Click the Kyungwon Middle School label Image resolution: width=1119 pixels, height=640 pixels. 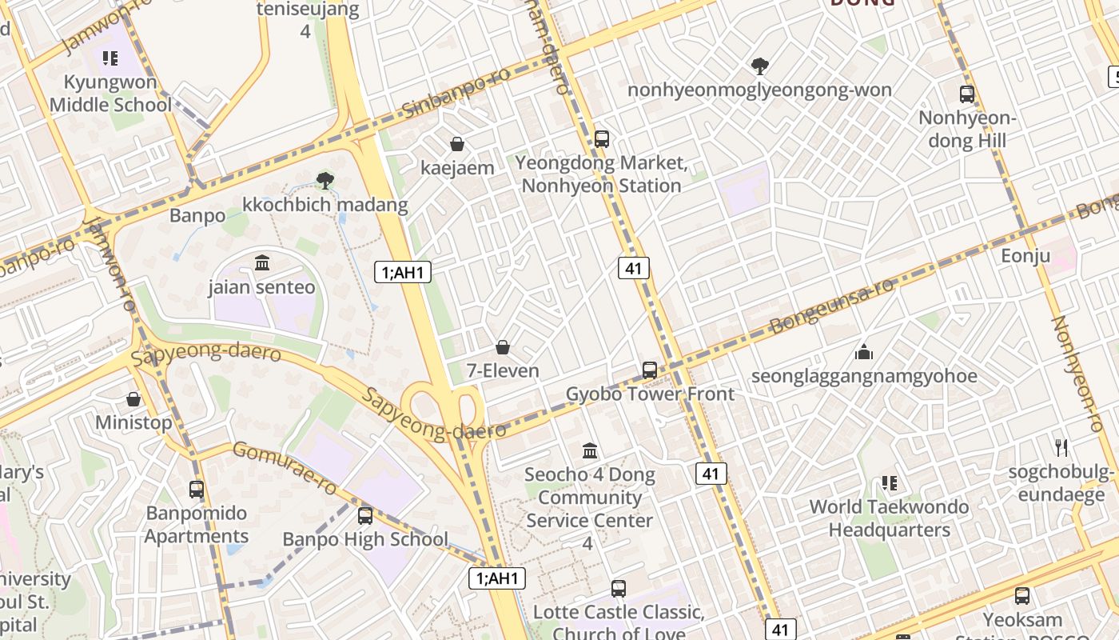tap(110, 94)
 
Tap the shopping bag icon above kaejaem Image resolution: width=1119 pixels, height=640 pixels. tap(457, 144)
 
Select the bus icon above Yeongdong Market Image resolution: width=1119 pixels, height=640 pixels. tap(602, 139)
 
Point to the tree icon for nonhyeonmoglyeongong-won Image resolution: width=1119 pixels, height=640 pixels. tap(759, 66)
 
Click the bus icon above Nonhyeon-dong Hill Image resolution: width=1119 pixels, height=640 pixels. tap(967, 94)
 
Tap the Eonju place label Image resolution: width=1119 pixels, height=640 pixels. tap(1025, 256)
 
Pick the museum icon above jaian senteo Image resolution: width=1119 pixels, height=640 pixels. tap(262, 262)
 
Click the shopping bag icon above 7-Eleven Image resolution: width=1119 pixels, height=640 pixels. tap(503, 347)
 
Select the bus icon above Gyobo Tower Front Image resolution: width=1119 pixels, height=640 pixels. tap(650, 370)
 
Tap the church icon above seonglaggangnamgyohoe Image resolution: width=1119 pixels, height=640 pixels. tap(863, 352)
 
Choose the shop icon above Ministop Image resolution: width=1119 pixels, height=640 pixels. tap(133, 398)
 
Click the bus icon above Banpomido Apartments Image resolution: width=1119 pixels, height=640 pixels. tap(197, 489)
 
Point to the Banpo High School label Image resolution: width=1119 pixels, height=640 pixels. tap(365, 539)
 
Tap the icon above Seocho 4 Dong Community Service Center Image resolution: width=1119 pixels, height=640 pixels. tap(590, 451)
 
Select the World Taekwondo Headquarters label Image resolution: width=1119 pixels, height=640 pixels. tap(889, 518)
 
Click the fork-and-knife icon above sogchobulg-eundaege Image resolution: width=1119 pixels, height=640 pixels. tap(1061, 447)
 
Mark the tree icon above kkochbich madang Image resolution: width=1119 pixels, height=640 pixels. tap(325, 181)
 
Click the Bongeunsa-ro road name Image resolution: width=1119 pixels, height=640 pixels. tap(831, 306)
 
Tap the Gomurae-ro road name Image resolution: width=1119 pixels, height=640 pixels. tap(285, 470)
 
